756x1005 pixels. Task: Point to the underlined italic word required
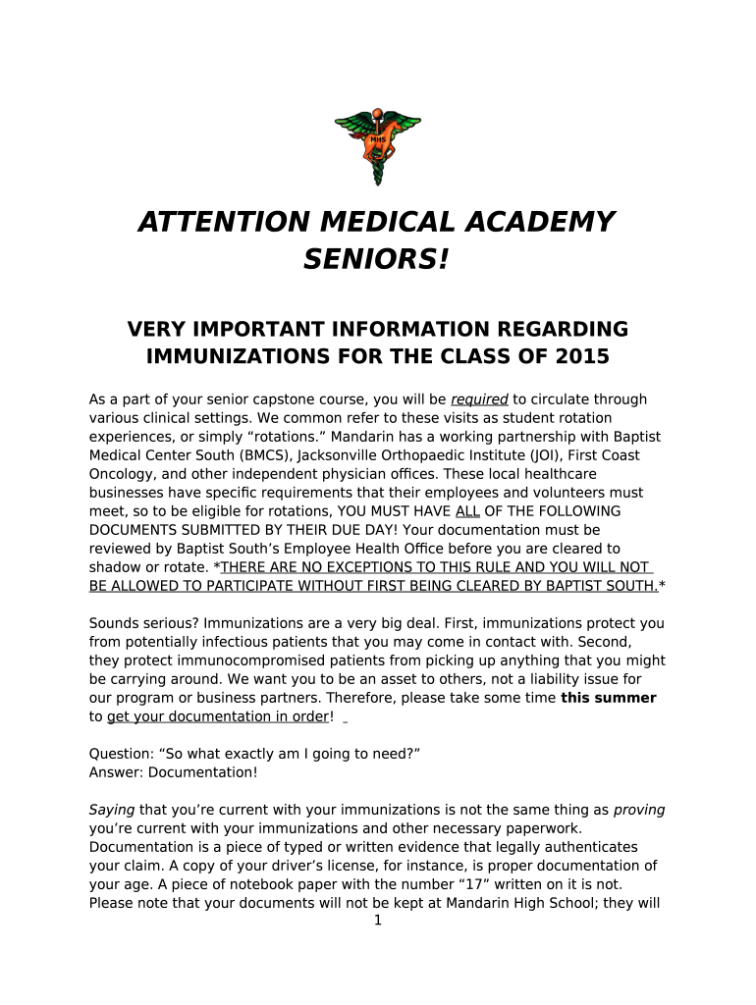click(479, 399)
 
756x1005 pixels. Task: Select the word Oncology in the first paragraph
click(119, 474)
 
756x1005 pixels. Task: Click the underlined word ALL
click(467, 511)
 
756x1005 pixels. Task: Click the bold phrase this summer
click(608, 698)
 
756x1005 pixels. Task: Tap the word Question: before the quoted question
click(121, 754)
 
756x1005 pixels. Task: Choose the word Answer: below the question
click(115, 772)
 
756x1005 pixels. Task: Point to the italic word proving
click(639, 810)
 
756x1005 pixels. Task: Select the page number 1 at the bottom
click(378, 921)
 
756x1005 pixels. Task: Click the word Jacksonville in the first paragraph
click(339, 455)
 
